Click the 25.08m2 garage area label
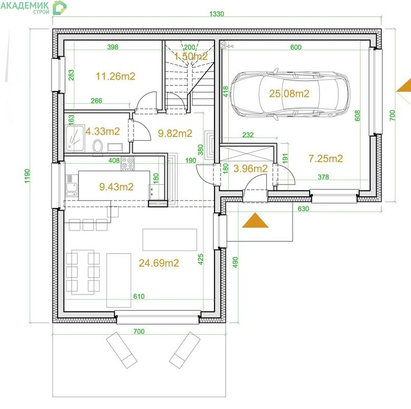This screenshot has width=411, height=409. tap(289, 94)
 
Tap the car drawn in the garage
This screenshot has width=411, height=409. tap(290, 94)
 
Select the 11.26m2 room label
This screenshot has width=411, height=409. tap(115, 76)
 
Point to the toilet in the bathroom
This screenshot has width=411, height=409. tap(98, 146)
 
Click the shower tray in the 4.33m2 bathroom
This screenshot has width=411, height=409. tap(75, 138)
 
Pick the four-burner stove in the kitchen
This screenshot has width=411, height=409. tap(127, 163)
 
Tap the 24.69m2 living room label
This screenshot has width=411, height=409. tap(159, 263)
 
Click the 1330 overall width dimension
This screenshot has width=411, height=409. tap(217, 14)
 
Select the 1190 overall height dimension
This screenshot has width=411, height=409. tap(27, 176)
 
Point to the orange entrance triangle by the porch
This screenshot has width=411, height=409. tap(255, 220)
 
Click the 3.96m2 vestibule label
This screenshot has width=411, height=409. tap(251, 169)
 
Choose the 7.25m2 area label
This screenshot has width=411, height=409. tap(326, 158)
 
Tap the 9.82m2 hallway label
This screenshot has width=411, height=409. tap(175, 133)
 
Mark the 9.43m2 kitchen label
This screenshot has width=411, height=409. tap(116, 187)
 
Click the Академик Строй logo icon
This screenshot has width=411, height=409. tap(59, 8)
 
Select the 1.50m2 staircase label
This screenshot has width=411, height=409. tap(191, 56)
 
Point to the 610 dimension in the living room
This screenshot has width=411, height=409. tap(139, 296)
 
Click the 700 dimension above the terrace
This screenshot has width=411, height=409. tap(139, 331)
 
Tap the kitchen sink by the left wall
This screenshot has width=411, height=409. tap(72, 187)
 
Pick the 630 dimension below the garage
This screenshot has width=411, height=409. tap(304, 209)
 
